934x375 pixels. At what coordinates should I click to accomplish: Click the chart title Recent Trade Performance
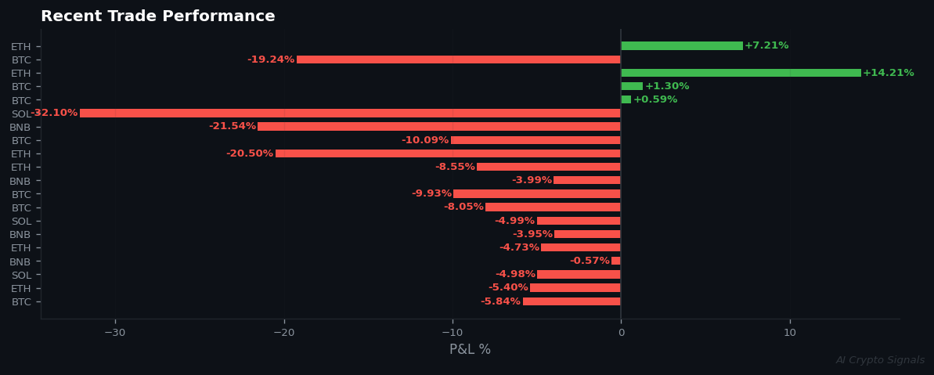tap(157, 16)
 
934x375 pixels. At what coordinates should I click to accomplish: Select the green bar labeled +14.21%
tap(741, 73)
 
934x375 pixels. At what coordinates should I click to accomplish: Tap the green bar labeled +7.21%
tap(682, 46)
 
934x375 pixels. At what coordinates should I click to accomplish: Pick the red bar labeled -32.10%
tap(350, 114)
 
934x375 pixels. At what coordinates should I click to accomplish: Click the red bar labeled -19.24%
tap(459, 59)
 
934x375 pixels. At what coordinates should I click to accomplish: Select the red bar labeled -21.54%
tap(439, 127)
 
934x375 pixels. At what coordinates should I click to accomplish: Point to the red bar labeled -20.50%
tap(448, 153)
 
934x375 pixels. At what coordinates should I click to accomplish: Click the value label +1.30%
tap(667, 86)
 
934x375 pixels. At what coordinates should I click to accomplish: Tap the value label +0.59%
tap(655, 99)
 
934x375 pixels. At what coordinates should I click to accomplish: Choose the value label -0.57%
tap(590, 261)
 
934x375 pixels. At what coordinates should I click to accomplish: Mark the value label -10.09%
tap(425, 140)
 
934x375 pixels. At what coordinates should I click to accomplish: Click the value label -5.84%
tap(500, 301)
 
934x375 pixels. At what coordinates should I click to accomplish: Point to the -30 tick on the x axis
tap(115, 333)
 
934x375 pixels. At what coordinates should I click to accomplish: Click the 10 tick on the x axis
tap(790, 333)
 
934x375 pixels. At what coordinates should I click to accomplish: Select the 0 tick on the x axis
tap(621, 333)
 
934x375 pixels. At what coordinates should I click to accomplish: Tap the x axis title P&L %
tap(470, 350)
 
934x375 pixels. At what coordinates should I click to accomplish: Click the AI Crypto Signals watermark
tap(880, 360)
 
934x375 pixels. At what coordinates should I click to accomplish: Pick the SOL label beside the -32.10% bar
tap(21, 114)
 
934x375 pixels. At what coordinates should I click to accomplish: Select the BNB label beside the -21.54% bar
tap(20, 128)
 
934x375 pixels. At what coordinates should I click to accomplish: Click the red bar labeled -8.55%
tap(548, 167)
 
